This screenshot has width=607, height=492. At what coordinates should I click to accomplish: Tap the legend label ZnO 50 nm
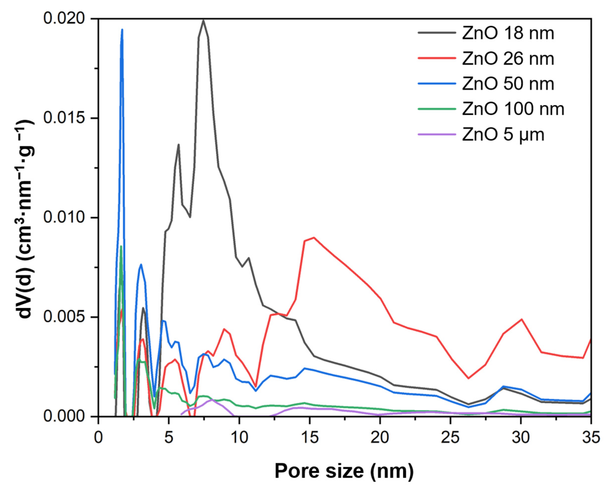pos(508,84)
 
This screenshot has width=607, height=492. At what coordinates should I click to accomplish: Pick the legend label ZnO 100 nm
pos(513,109)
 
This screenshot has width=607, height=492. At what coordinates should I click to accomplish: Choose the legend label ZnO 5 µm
pos(503,134)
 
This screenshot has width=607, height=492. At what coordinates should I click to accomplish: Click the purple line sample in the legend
pos(437,134)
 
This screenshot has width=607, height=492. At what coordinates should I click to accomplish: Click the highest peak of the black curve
pos(203,20)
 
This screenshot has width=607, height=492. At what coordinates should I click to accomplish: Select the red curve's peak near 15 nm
pos(314,237)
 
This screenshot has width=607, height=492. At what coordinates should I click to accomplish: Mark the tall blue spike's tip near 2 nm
pos(122,29)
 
